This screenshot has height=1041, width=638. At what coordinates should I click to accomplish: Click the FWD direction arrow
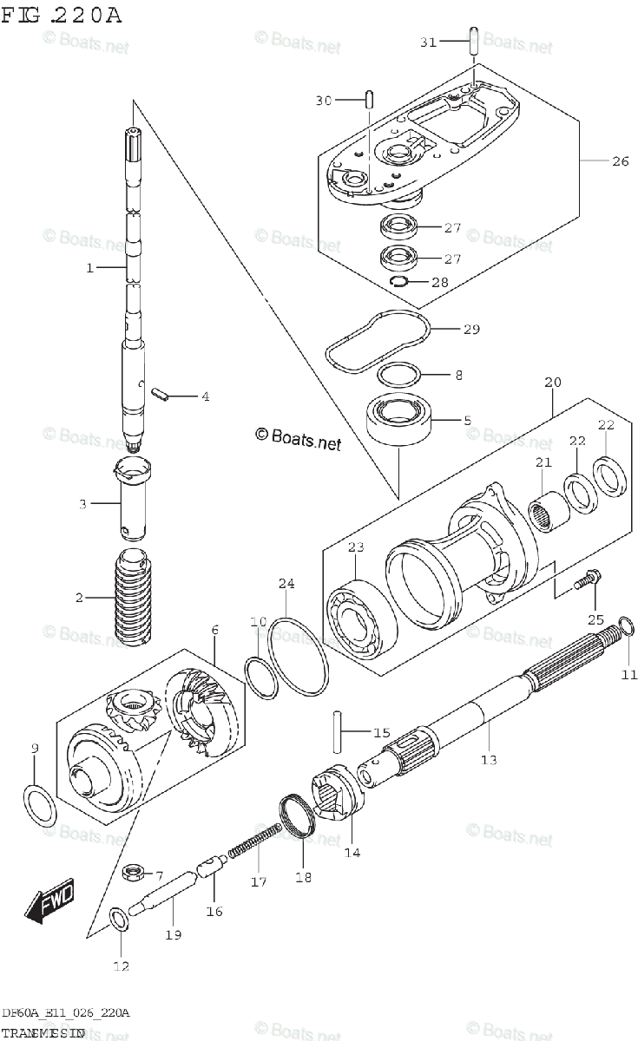[x=50, y=901]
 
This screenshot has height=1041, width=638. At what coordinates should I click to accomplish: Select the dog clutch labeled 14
[x=334, y=790]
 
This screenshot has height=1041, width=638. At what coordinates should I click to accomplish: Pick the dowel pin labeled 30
[x=370, y=100]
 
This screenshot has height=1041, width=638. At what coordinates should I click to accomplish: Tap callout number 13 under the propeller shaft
[x=489, y=760]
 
